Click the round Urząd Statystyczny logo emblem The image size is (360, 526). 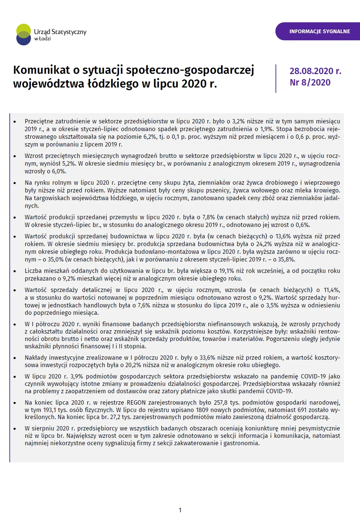tap(23, 35)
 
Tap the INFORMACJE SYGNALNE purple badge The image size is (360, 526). tap(319, 31)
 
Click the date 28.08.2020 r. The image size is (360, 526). tap(315, 71)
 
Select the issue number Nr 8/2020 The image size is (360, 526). tap(310, 82)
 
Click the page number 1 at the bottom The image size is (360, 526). tap(180, 510)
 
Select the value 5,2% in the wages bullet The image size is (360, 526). tap(68, 164)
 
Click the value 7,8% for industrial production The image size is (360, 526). tap(208, 217)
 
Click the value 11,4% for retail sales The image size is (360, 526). tap(332, 290)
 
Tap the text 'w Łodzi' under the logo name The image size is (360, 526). tap(43, 39)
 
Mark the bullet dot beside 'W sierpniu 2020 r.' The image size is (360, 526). tap(15, 429)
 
